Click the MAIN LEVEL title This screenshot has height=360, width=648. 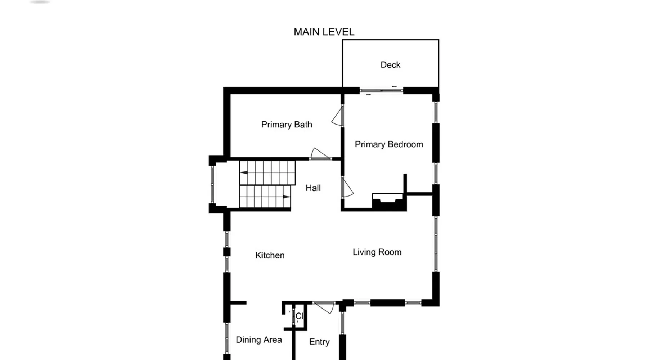324,32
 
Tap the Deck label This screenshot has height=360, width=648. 390,65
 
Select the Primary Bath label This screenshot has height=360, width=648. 287,125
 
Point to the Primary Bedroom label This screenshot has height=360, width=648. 389,144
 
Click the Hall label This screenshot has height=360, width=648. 313,188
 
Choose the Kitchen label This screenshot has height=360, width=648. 270,255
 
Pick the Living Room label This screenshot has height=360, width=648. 377,252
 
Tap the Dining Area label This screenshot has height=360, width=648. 259,340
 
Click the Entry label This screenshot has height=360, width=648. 319,342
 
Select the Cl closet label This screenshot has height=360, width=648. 300,316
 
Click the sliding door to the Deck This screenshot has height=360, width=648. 381,91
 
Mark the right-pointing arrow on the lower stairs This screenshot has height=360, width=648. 287,197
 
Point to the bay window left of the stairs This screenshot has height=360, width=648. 212,184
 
